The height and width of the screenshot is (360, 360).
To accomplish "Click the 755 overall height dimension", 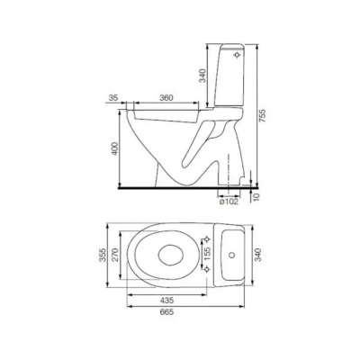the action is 262,115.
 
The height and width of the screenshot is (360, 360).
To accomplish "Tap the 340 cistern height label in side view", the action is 203,76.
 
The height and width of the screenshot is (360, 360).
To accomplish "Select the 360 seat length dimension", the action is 166,98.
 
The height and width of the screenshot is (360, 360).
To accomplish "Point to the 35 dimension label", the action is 114,98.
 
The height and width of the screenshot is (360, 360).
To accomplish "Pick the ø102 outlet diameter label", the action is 229,202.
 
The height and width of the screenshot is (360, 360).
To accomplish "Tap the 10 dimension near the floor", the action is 256,197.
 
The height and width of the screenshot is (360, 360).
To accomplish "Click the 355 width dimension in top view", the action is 103,255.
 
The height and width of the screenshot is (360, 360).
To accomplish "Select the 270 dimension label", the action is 116,255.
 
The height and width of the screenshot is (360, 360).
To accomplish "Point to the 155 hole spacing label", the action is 207,254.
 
